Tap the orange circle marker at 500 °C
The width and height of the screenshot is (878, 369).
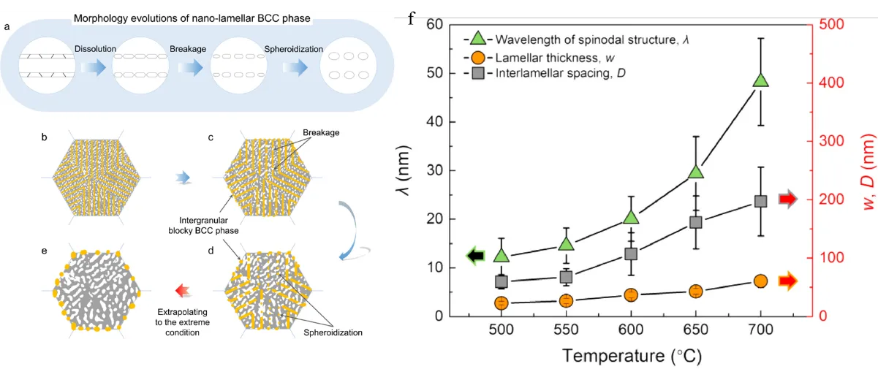click(x=501, y=303)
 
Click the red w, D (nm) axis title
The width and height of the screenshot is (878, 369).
click(x=868, y=169)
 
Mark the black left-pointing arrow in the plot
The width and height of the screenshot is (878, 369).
click(x=475, y=255)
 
